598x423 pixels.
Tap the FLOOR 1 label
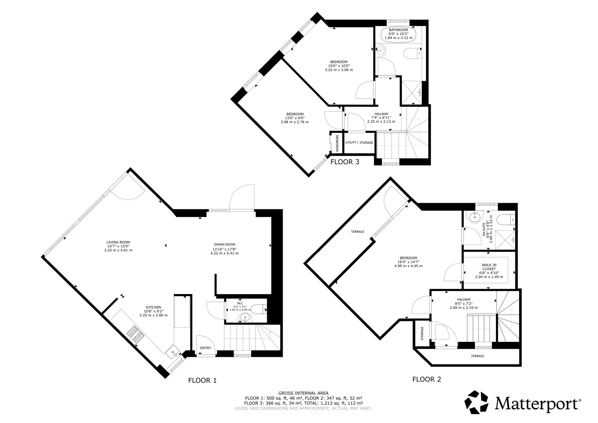[x=202, y=381]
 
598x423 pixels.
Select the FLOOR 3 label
[x=345, y=162]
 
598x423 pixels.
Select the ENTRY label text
[x=206, y=348]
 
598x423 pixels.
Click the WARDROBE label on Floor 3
[x=337, y=143]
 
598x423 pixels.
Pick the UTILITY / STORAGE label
[x=359, y=143]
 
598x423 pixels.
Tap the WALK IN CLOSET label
[x=489, y=267]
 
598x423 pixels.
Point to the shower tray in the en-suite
[x=505, y=240]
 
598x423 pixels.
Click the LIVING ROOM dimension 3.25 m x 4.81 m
[x=118, y=250]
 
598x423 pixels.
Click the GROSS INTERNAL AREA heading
[x=303, y=393]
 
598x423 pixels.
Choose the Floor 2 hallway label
[x=464, y=299]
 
